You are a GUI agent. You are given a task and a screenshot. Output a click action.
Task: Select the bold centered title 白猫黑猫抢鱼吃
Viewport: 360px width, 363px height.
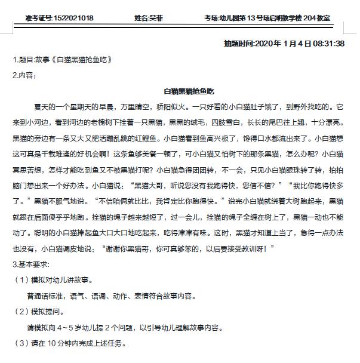point(189,91)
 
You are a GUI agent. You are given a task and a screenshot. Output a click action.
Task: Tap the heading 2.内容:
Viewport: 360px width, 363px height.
point(24,75)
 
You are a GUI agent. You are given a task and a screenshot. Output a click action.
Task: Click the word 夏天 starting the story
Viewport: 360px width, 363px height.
point(40,107)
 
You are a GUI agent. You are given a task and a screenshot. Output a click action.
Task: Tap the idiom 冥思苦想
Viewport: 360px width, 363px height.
point(26,168)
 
